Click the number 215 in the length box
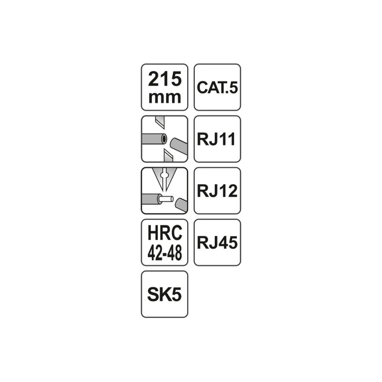coord(165,78)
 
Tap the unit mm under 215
coord(165,97)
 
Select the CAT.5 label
coord(217,88)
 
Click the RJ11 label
coord(217,139)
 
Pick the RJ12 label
coord(217,191)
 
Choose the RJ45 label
coord(217,243)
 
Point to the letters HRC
coord(165,235)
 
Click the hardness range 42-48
coord(165,253)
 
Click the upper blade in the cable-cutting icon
coord(159,123)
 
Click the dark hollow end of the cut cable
coord(163,139)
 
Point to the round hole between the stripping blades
coord(164,176)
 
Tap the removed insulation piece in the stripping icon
coord(180,204)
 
